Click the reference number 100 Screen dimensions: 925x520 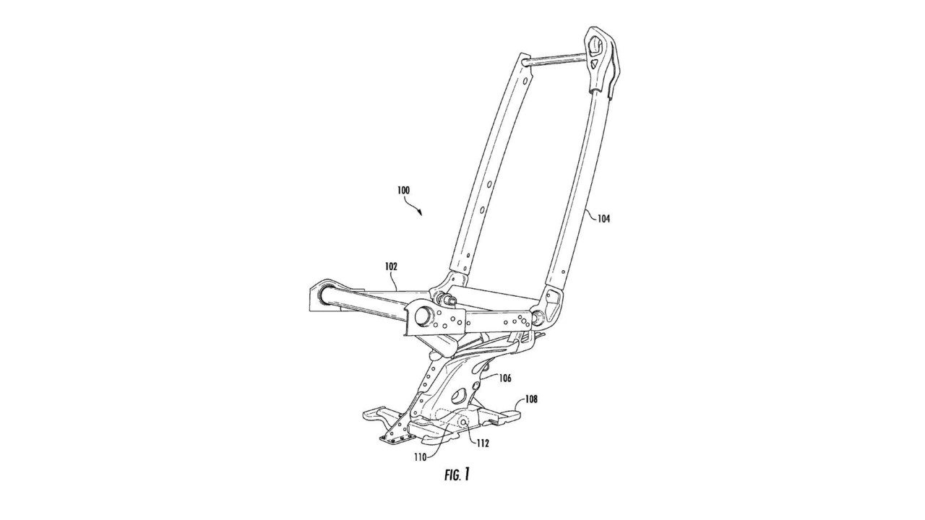(403, 190)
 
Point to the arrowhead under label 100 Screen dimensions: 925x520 (420, 212)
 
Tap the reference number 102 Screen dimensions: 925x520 (391, 266)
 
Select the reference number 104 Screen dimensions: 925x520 (603, 219)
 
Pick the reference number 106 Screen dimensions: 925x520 (505, 378)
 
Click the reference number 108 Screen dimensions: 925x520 (531, 399)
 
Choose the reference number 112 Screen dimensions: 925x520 (482, 444)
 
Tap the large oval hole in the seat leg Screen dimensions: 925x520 (458, 397)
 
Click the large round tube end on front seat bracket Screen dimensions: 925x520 (423, 317)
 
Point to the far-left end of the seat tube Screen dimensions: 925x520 (320, 298)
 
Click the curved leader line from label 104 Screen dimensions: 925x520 (590, 214)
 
